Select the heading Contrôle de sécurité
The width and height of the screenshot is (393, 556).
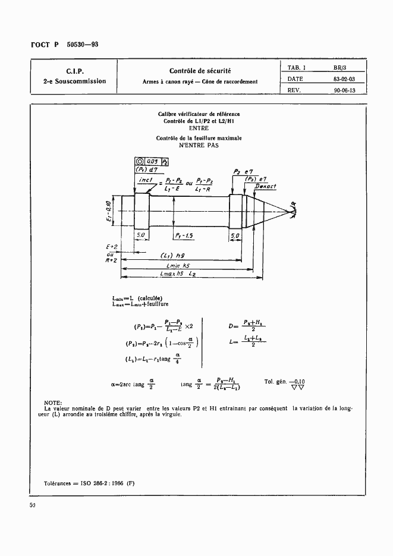coord(199,71)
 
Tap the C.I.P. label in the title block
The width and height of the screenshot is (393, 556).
coord(74,71)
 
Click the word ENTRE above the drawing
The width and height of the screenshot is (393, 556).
coord(199,128)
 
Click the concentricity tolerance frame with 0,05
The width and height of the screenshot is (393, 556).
coord(144,161)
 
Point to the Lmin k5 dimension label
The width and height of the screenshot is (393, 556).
coord(178,266)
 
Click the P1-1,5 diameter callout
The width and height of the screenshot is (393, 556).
coord(188,235)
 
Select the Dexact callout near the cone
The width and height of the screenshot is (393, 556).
coord(265,186)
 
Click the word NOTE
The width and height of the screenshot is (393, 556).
coord(54,403)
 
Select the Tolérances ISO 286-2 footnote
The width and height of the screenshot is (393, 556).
coord(90,482)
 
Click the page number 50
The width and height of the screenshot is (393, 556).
coord(33,505)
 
